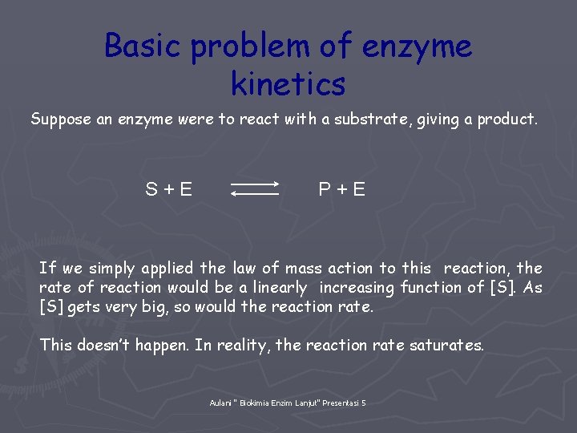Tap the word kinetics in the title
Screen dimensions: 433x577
(x=288, y=83)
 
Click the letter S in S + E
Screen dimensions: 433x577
(x=151, y=190)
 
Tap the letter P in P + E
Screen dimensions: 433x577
(x=325, y=190)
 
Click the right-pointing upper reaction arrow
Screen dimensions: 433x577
(x=255, y=184)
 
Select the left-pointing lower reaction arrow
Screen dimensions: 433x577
(x=255, y=194)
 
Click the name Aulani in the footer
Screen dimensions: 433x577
(x=220, y=403)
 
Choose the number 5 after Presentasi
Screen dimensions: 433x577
(x=364, y=403)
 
